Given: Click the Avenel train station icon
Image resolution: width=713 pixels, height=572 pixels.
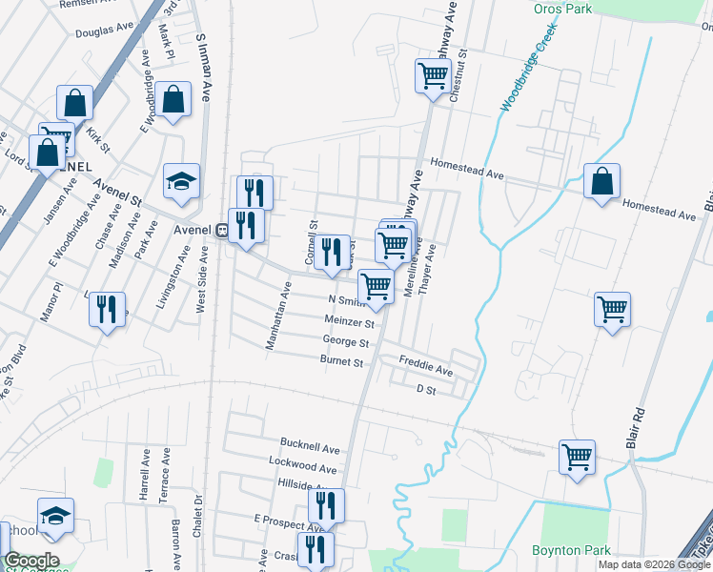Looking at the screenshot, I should point(220,230).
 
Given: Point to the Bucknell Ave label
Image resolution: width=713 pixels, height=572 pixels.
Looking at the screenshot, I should point(309,447).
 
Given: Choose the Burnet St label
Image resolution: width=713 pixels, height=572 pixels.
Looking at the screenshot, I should point(342,362).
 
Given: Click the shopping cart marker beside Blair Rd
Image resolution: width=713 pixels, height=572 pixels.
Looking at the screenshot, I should point(612,309).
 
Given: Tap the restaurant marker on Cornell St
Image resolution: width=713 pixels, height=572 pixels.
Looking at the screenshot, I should point(331,253).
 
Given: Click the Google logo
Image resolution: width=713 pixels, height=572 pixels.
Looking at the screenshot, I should point(31,561).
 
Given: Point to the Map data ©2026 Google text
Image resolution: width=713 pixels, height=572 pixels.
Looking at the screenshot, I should point(654,564).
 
